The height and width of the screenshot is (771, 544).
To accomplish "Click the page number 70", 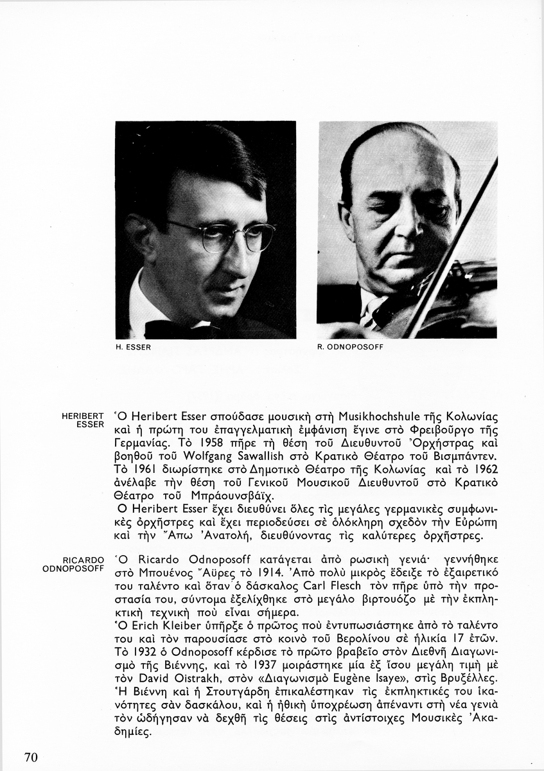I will pyautogui.click(x=31, y=757).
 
